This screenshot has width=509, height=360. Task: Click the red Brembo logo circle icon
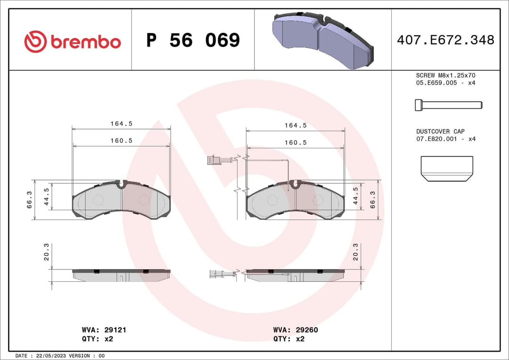coord(35,41)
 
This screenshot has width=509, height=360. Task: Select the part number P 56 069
coord(193,41)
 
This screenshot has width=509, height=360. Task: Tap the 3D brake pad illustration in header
coord(323,41)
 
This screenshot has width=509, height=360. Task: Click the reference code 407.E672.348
coord(445,40)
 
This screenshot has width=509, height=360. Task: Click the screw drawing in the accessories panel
coord(448,105)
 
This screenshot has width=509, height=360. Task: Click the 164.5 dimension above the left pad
coord(121,124)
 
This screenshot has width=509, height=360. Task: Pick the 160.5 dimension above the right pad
coord(296,142)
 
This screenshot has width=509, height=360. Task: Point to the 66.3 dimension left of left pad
coord(29,200)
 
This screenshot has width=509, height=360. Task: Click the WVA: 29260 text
coord(296,330)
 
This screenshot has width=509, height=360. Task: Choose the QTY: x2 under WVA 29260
coord(289,339)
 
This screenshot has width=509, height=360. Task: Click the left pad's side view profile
coord(121,275)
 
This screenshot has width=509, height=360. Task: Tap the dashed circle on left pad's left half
coord(98,200)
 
